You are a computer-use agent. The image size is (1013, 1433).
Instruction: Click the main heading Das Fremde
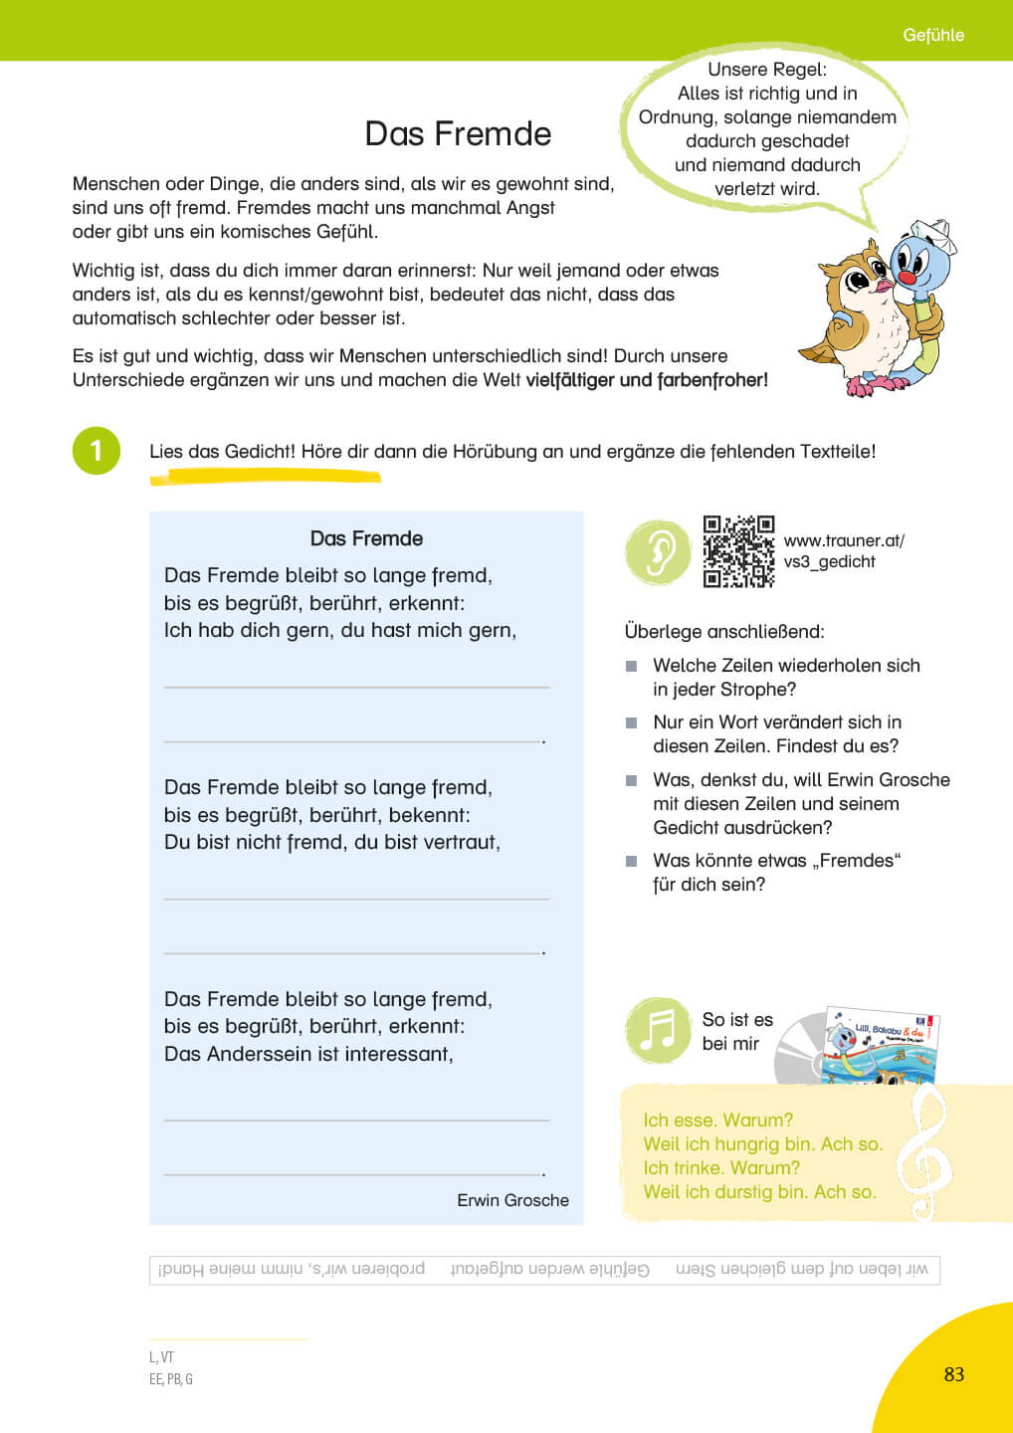458,133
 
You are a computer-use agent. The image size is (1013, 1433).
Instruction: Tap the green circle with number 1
97,451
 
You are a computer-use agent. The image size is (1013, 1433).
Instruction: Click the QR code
738,551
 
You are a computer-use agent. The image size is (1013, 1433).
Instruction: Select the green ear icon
657,551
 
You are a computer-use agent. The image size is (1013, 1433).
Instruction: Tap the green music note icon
657,1031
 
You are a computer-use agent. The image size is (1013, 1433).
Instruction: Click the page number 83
953,1374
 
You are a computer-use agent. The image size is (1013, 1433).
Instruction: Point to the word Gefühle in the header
932,35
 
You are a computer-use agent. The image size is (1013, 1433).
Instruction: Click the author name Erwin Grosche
512,1200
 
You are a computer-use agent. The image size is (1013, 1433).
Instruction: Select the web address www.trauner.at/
844,540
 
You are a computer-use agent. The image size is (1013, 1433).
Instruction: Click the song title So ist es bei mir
736,1031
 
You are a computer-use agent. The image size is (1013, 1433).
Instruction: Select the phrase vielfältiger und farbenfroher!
647,380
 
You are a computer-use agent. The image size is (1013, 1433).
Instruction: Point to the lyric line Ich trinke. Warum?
721,1167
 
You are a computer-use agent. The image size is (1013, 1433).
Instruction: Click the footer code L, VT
161,1356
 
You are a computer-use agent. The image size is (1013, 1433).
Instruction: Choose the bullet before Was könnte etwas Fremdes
631,861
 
